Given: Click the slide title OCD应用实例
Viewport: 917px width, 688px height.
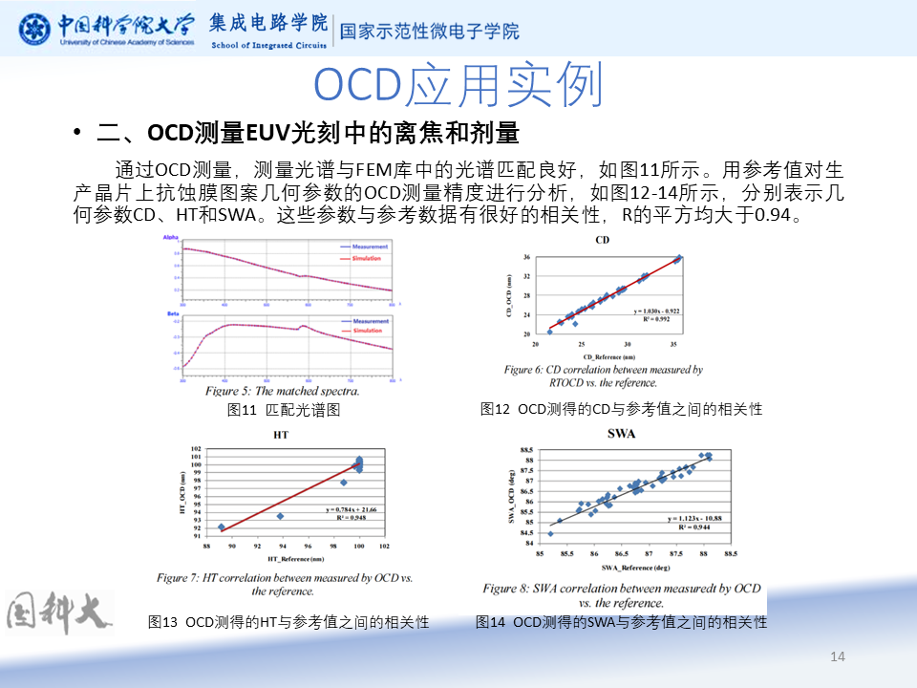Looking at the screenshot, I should point(458,87).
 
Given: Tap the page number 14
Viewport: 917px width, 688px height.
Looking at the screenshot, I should point(839,656).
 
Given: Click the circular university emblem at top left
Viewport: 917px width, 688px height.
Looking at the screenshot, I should point(35,28).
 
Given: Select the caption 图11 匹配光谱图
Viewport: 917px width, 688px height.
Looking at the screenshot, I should point(284,410).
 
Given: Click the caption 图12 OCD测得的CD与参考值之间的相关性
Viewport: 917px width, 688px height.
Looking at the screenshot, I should point(622,409).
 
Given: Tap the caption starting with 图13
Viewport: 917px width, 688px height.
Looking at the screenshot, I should point(288,622).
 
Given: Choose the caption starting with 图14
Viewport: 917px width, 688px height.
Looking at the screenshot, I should point(622,622).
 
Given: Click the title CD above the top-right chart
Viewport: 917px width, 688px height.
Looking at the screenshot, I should point(602,239).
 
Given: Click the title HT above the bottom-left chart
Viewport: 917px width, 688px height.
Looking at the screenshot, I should point(281,435).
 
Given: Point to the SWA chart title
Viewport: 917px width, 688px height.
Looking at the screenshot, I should point(622,435).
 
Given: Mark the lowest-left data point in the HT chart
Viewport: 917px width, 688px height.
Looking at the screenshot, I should point(222,527).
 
